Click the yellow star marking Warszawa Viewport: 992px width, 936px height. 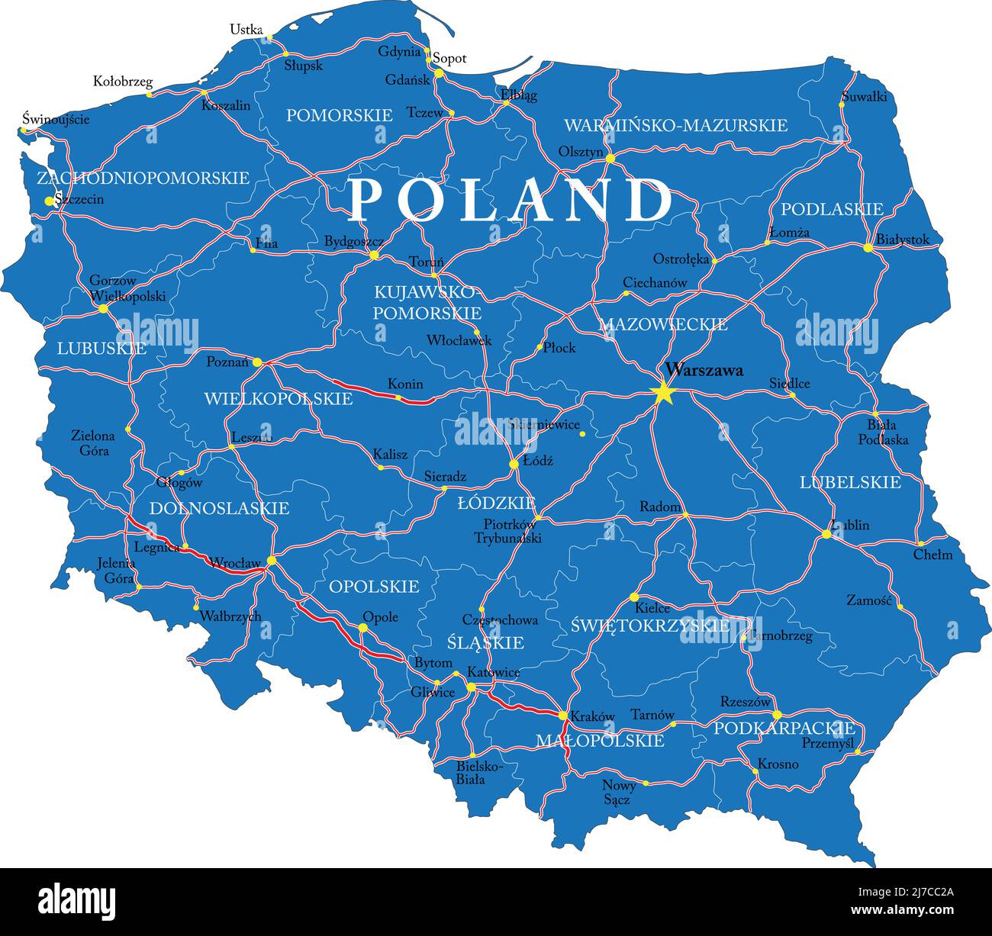(x=662, y=394)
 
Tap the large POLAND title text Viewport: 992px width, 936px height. (x=510, y=201)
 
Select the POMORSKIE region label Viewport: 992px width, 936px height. (x=339, y=115)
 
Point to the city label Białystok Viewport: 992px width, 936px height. (x=903, y=240)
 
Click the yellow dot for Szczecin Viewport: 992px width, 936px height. (x=50, y=201)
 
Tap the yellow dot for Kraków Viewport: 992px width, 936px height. (x=563, y=716)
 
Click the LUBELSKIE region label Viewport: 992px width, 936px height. (x=850, y=482)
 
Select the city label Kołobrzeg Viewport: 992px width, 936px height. (x=123, y=81)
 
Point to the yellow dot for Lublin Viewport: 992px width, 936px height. (x=826, y=534)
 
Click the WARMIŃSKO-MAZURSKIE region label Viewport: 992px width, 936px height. (x=675, y=125)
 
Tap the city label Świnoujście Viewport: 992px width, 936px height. (x=56, y=119)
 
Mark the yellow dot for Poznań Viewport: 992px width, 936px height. (x=257, y=362)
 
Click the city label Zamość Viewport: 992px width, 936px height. (x=868, y=600)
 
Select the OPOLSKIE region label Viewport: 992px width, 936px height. (x=374, y=586)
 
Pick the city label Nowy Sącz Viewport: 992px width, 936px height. (x=617, y=792)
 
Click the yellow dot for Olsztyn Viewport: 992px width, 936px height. (x=610, y=158)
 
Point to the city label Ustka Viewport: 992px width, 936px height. (x=246, y=30)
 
